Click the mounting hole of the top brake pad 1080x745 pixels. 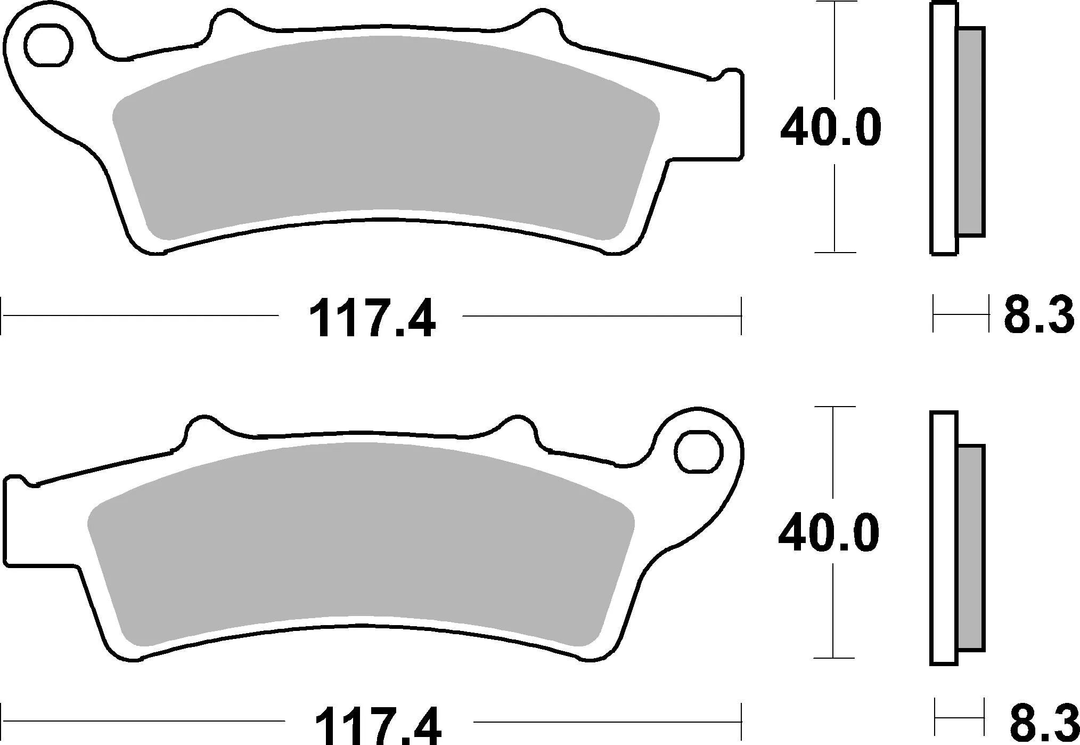[49, 46]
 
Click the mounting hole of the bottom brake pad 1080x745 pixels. [698, 452]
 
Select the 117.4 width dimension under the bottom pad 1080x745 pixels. [378, 725]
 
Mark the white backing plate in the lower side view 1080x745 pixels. [944, 538]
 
